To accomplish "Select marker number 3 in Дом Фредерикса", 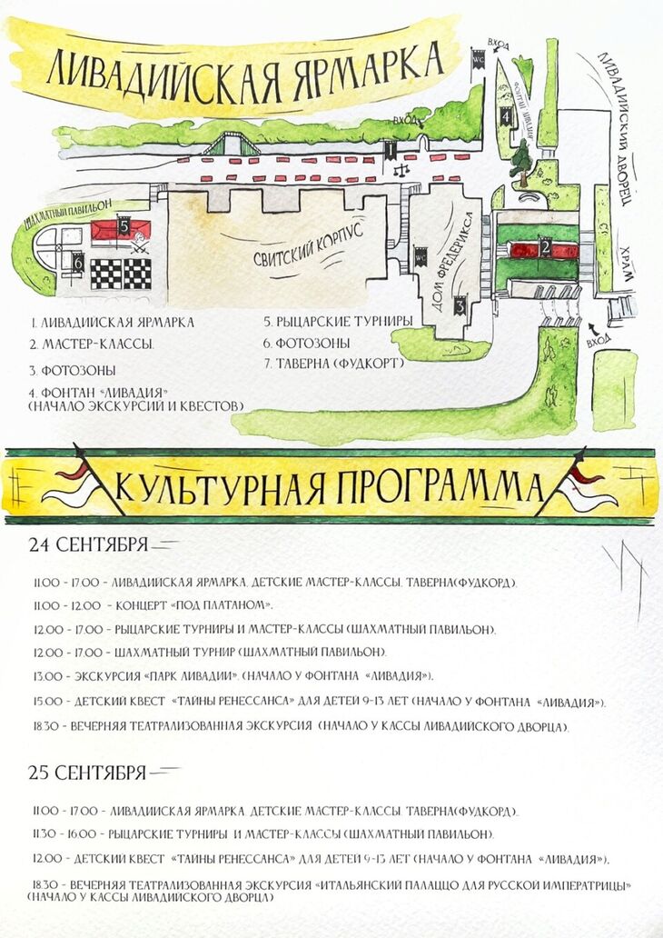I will pos(460,307).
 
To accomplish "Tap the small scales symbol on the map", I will pos(401,167).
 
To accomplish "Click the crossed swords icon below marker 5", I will pos(140,244).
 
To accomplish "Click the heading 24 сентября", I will pos(87,545).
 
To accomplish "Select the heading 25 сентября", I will pos(87,773).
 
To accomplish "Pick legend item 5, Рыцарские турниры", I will pos(339,322).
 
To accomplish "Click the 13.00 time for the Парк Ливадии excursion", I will pos(45,676).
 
